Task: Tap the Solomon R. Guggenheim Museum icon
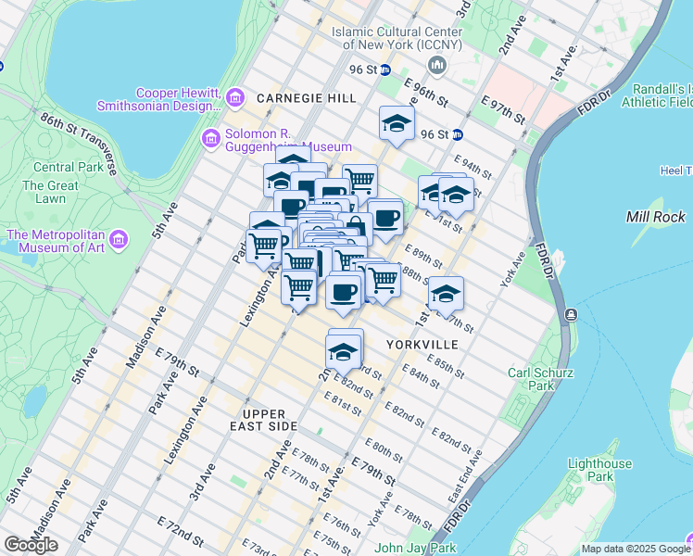point(210,139)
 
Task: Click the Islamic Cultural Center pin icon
point(437,65)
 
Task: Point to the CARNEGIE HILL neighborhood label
point(294,97)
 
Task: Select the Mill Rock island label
point(655,217)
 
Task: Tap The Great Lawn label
point(44,192)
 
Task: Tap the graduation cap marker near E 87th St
point(446,294)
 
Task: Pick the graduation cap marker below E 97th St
point(397,124)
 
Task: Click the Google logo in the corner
point(31,545)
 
